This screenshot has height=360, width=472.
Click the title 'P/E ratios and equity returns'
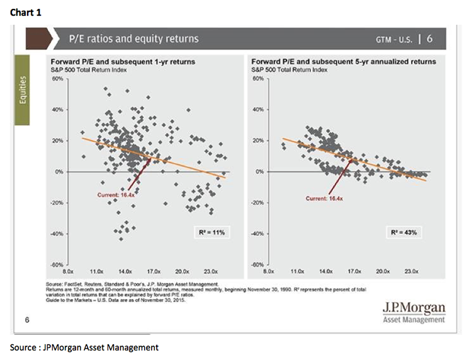pyautogui.click(x=133, y=39)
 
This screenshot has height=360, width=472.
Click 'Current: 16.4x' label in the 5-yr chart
pyautogui.click(x=325, y=198)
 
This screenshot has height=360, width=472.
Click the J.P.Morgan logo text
pyautogui.click(x=413, y=307)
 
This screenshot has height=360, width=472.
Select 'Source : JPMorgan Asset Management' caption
pyautogui.click(x=84, y=347)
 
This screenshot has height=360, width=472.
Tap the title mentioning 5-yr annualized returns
pyautogui.click(x=343, y=62)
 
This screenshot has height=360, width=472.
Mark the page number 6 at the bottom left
pyautogui.click(x=27, y=320)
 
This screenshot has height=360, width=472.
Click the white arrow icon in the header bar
pyautogui.click(x=56, y=39)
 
